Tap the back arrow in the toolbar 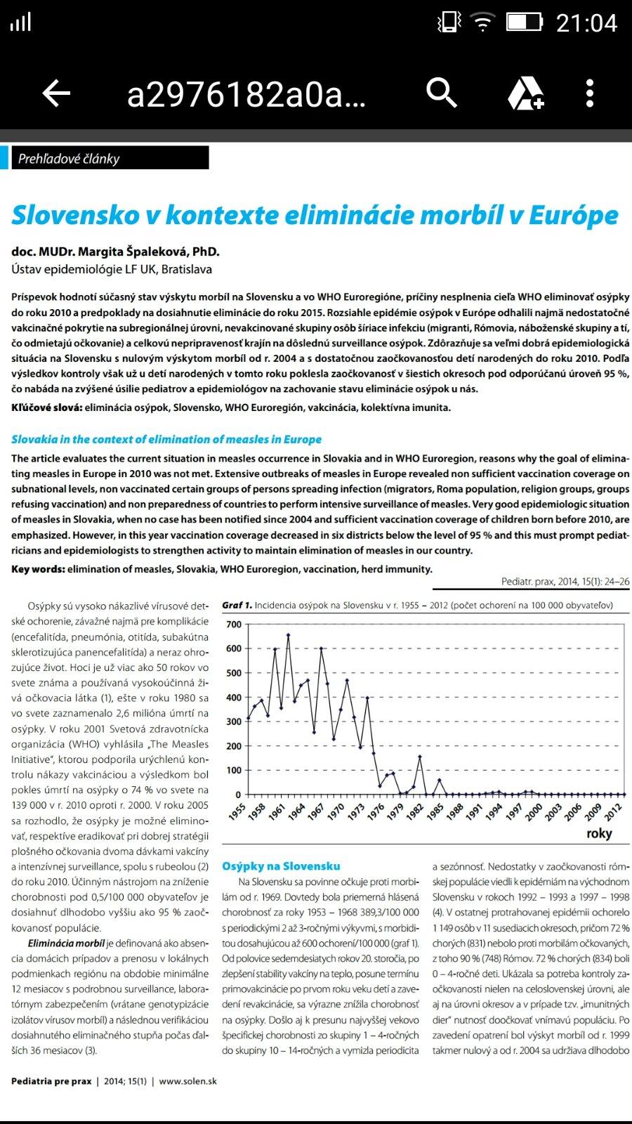pyautogui.click(x=56, y=93)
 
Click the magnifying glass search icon pyautogui.click(x=442, y=92)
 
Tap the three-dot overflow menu pyautogui.click(x=590, y=93)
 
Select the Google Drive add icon pyautogui.click(x=525, y=93)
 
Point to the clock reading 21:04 pyautogui.click(x=586, y=23)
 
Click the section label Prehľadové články pyautogui.click(x=69, y=159)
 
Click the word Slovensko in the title pyautogui.click(x=76, y=215)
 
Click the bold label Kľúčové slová pyautogui.click(x=46, y=407)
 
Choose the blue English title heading pyautogui.click(x=166, y=439)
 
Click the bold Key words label pyautogui.click(x=38, y=569)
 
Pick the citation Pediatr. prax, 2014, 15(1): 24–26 pyautogui.click(x=565, y=582)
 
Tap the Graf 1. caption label pyautogui.click(x=237, y=605)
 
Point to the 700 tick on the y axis pyautogui.click(x=234, y=625)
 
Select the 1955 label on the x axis pyautogui.click(x=237, y=812)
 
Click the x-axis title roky pyautogui.click(x=599, y=833)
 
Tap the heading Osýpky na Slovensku pyautogui.click(x=281, y=866)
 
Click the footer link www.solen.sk pyautogui.click(x=187, y=1081)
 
